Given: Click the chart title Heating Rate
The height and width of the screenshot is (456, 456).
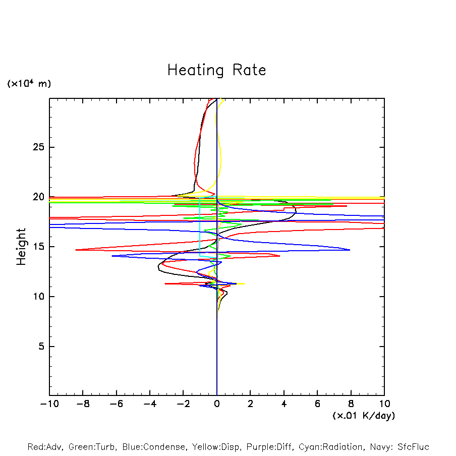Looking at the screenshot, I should coord(216,70).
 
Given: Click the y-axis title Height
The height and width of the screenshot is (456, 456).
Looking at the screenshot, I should coord(21,247).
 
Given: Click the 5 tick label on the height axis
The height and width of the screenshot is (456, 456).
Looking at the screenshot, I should coord(41,347).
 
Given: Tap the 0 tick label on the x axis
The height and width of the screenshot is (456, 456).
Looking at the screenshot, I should coord(217,404).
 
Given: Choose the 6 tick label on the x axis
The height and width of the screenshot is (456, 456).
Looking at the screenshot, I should coord(317,404).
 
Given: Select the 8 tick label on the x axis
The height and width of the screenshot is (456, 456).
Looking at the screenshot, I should coord(351,404).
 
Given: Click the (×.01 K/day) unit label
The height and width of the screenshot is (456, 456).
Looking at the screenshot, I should coord(363,416).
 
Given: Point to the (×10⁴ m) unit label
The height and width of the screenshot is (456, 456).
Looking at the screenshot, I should coord(29,84).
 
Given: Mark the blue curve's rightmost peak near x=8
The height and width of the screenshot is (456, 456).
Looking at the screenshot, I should coord(350,250).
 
